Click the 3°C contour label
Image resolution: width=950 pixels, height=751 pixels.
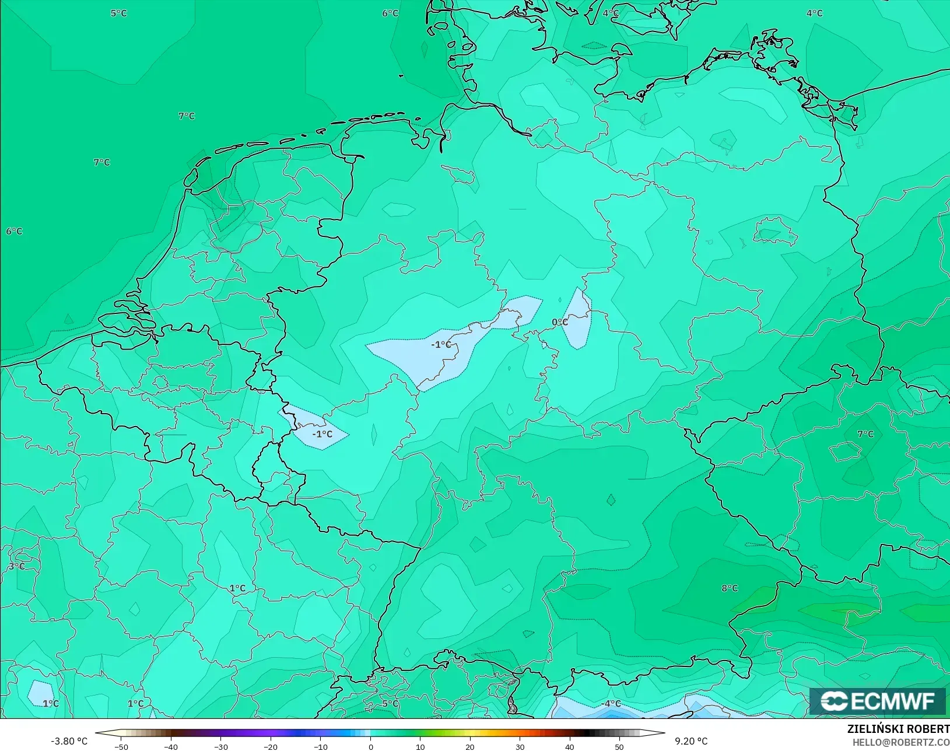[16, 566]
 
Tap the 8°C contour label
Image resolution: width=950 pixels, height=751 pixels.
[730, 588]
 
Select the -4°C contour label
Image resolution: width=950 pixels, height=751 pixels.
[611, 704]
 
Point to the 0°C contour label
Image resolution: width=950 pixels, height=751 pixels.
[560, 322]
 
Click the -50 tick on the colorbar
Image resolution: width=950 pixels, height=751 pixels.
[121, 746]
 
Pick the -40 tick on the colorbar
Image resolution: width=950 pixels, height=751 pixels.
[171, 746]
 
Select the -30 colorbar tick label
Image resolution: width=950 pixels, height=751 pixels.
[221, 746]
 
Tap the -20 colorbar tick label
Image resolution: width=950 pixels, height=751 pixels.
[271, 746]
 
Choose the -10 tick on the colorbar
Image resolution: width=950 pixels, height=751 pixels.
[321, 746]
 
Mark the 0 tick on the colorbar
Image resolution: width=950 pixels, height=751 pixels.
[371, 746]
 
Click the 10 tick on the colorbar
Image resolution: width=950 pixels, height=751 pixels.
[420, 746]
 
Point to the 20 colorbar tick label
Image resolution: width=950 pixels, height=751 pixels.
[470, 746]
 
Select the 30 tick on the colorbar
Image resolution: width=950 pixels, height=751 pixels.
[520, 746]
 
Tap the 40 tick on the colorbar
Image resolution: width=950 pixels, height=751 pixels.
[570, 746]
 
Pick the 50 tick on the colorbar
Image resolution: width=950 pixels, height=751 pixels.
[619, 746]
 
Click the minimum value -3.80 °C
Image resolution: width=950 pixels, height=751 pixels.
[69, 741]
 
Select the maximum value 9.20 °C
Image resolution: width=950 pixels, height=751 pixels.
[691, 741]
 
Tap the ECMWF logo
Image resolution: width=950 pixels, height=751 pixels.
[877, 701]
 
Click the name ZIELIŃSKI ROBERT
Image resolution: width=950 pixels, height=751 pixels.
[898, 729]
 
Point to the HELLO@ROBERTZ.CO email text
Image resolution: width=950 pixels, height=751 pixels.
[901, 742]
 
